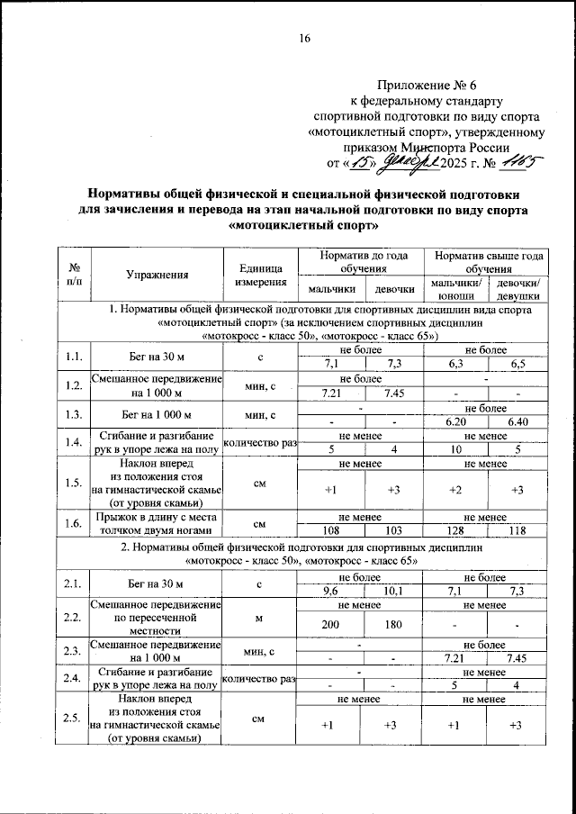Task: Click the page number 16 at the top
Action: click(x=304, y=38)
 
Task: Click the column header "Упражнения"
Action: click(x=157, y=275)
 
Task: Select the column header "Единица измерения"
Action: click(x=261, y=275)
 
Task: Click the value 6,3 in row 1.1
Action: click(x=456, y=364)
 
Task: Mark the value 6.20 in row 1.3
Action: click(x=456, y=421)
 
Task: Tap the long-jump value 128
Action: click(x=456, y=531)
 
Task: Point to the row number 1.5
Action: click(x=76, y=482)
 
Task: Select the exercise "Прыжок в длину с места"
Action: click(x=157, y=519)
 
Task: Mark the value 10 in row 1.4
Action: click(x=456, y=449)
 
